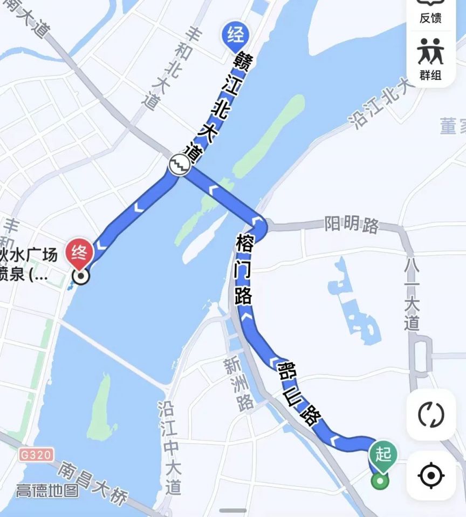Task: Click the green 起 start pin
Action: coord(383,454)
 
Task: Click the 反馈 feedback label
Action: coord(430,18)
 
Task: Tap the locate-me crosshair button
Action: coord(430,475)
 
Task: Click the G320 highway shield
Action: coord(37,454)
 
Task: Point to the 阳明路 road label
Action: coord(352,225)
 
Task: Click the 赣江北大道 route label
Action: coord(211,103)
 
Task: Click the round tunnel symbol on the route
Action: coord(179,164)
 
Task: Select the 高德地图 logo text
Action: coord(47,491)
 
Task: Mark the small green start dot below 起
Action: coord(381,481)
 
